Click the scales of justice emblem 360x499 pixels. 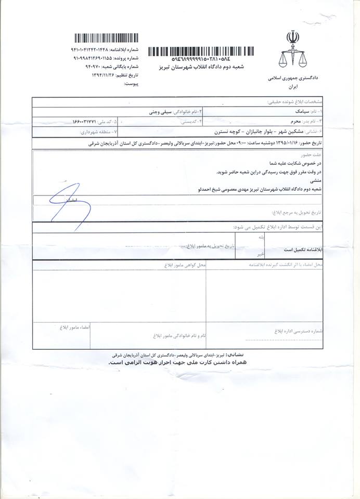(x=292, y=50)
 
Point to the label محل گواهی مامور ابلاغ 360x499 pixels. (x=185, y=266)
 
